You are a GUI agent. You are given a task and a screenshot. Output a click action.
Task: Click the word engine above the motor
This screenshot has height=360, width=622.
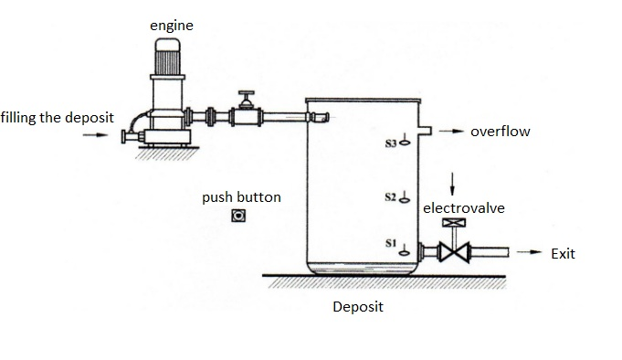[172, 26]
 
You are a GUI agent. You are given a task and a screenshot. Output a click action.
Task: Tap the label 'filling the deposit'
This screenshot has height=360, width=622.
[57, 118]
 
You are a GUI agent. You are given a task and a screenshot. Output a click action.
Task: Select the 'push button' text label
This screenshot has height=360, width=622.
[241, 196]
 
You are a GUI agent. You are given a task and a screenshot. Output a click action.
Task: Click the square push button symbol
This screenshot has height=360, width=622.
[239, 216]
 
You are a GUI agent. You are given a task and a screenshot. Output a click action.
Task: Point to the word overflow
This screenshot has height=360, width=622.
[500, 132]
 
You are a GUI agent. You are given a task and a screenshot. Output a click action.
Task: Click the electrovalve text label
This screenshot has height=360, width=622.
[463, 208]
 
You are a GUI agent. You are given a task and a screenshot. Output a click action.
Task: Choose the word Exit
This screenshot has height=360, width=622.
[563, 253]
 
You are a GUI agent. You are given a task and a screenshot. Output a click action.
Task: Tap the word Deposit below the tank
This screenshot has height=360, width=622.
[358, 307]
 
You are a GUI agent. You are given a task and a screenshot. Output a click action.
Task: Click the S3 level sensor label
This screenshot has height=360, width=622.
[391, 143]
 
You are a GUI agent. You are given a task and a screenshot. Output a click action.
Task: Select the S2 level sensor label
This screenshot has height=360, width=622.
[391, 196]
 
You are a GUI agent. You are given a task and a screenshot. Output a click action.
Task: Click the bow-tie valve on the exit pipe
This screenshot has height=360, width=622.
[450, 252]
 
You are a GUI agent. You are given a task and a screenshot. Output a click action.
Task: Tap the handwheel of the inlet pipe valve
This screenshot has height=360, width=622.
[244, 94]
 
